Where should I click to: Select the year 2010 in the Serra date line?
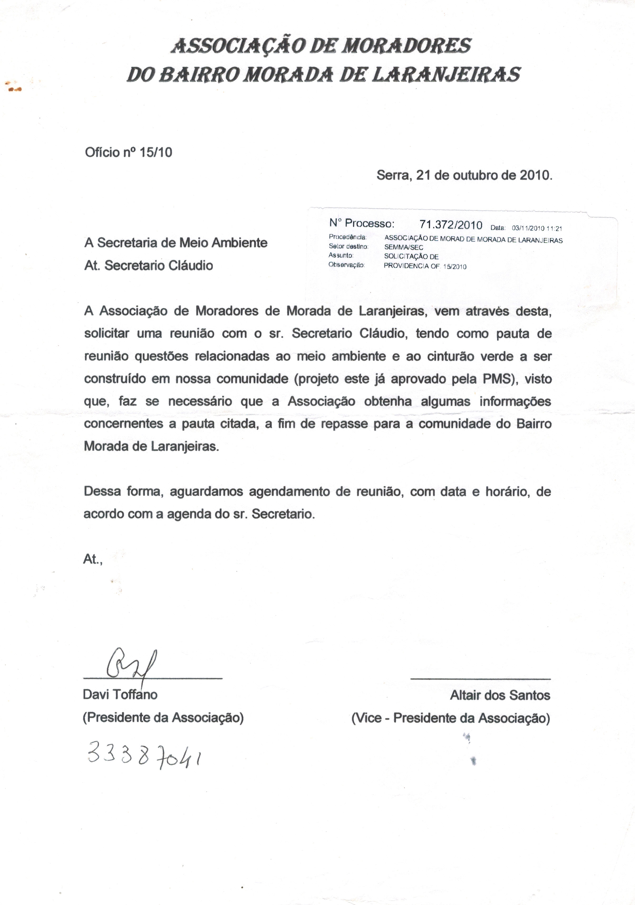point(534,175)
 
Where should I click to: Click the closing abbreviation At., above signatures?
point(93,559)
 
